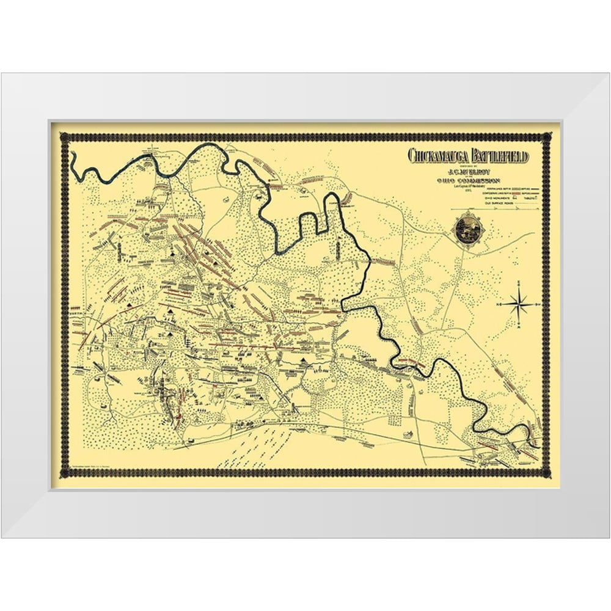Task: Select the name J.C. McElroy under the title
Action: [468, 172]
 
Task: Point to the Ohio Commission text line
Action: [468, 181]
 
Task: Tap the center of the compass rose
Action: [519, 303]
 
